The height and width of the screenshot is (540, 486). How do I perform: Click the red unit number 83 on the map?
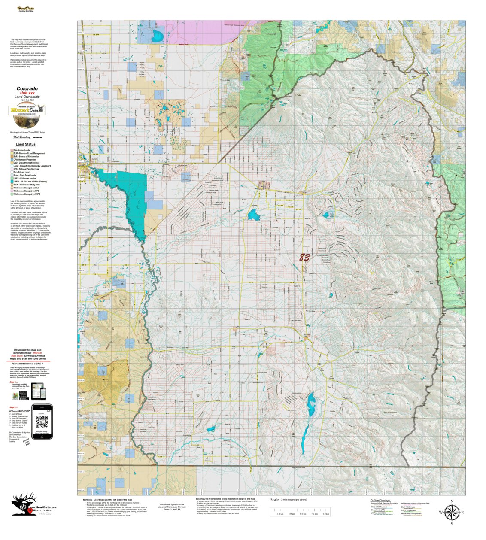coord(304,258)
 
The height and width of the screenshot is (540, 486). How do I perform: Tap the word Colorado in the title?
coord(27,89)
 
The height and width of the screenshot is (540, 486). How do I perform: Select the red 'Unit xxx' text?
coord(27,93)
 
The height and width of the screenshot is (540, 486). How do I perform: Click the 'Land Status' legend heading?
coord(26,145)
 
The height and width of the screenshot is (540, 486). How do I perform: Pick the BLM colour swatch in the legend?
coord(12,153)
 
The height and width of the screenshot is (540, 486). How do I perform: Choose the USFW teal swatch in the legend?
coord(12,182)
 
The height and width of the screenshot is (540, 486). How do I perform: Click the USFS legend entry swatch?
coord(12,179)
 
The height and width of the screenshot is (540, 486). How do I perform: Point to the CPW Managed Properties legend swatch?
coord(12,160)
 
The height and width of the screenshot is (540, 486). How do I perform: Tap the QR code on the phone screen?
coord(42,422)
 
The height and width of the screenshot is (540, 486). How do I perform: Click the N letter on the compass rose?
coord(452,501)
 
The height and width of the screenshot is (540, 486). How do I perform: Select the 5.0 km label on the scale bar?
coord(303,514)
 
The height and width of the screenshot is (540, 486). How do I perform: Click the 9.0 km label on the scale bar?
coord(326,514)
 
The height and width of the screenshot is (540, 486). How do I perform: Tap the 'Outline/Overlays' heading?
coord(379,501)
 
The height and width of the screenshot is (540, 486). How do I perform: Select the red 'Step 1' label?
coord(14,382)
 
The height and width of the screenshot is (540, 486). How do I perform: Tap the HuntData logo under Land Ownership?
coord(27,110)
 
